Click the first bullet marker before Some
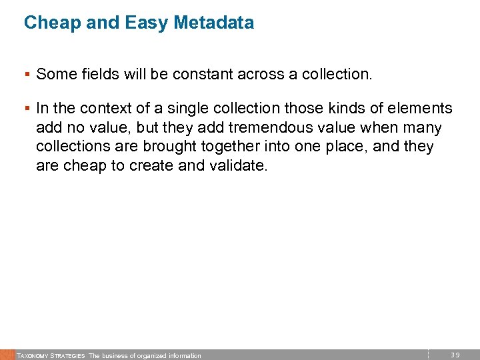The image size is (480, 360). pyautogui.click(x=29, y=75)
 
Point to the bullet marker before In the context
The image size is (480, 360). pyautogui.click(x=29, y=109)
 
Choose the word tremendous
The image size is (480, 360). pyautogui.click(x=259, y=128)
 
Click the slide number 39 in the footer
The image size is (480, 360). pyautogui.click(x=455, y=355)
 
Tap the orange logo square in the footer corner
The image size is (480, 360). pyautogui.click(x=7, y=355)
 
